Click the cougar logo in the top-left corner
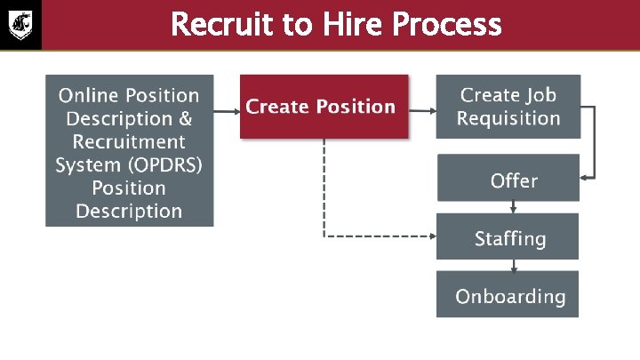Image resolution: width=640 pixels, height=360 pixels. [x=20, y=24]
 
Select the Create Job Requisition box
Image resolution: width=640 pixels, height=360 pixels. [x=508, y=107]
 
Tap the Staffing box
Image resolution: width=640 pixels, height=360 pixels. [x=508, y=237]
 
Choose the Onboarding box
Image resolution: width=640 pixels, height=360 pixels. [x=508, y=295]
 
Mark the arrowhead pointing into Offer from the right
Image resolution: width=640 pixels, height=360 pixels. [x=585, y=178]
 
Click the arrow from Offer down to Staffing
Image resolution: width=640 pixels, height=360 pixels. [x=514, y=207]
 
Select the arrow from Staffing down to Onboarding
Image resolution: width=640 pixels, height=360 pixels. [x=514, y=265]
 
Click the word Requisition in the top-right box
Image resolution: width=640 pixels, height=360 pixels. [x=508, y=118]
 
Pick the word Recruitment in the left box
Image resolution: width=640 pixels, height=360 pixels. [x=129, y=141]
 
